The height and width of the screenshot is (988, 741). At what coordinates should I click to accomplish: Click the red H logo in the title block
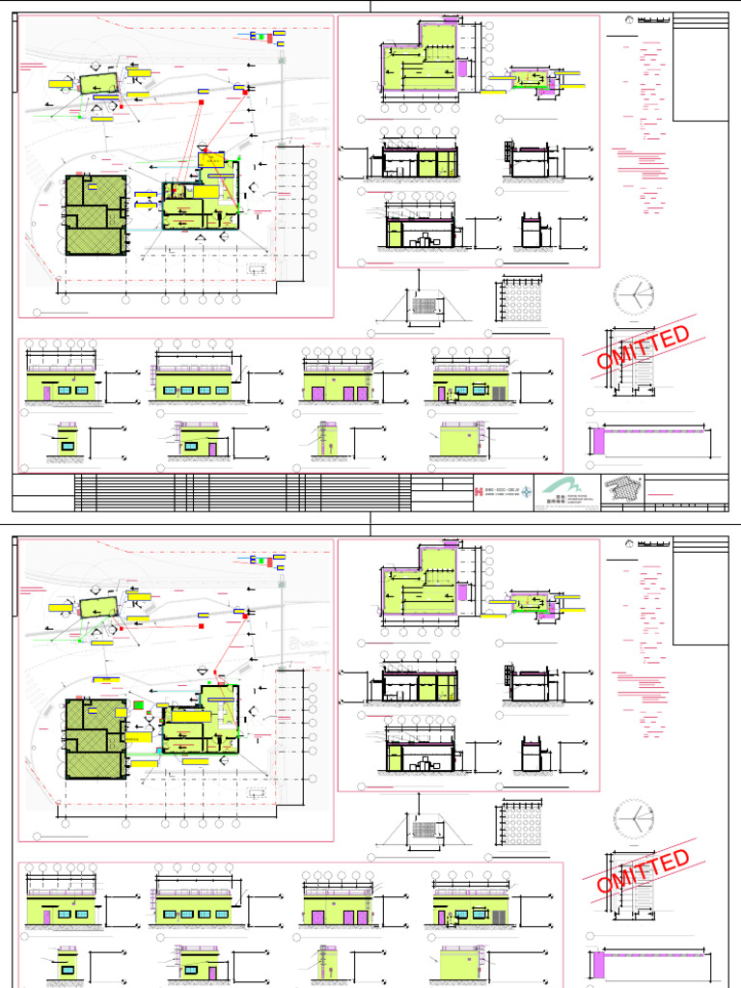[480, 492]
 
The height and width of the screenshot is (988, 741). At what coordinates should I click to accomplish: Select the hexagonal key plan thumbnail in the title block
[619, 491]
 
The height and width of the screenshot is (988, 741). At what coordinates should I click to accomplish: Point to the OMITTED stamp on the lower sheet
[644, 872]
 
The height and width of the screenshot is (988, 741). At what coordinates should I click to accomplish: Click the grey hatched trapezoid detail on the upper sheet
[424, 306]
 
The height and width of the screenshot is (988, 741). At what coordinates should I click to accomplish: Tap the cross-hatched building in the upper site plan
[96, 214]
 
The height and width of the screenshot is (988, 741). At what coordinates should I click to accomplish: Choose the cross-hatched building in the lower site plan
[96, 738]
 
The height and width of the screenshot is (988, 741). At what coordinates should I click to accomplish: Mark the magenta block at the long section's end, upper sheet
[598, 442]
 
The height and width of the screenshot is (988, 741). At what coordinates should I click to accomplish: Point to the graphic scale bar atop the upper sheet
[653, 19]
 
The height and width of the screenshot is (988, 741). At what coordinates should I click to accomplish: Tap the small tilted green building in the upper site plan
[98, 83]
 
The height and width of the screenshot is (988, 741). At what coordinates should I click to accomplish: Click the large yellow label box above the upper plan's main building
[210, 159]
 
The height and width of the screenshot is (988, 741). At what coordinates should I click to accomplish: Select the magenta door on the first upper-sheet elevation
[46, 394]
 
